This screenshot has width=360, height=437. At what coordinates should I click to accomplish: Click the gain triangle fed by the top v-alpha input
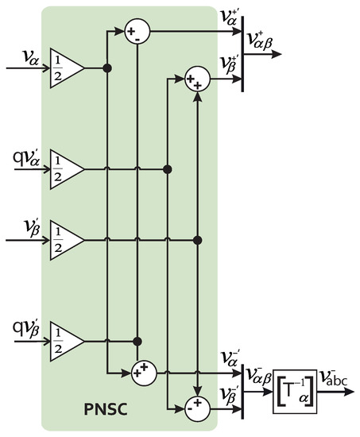coord(66,68)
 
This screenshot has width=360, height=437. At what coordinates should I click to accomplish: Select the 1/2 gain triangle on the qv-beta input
coord(66,340)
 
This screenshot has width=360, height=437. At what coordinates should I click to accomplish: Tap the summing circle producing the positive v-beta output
coord(197,80)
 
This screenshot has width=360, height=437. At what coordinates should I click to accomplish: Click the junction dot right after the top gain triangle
coord(107,69)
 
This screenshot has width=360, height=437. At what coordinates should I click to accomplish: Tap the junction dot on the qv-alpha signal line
coord(167,168)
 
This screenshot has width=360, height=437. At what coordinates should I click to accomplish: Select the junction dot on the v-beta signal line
coord(198,239)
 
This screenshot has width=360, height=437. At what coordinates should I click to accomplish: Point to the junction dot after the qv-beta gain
coord(137,340)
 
